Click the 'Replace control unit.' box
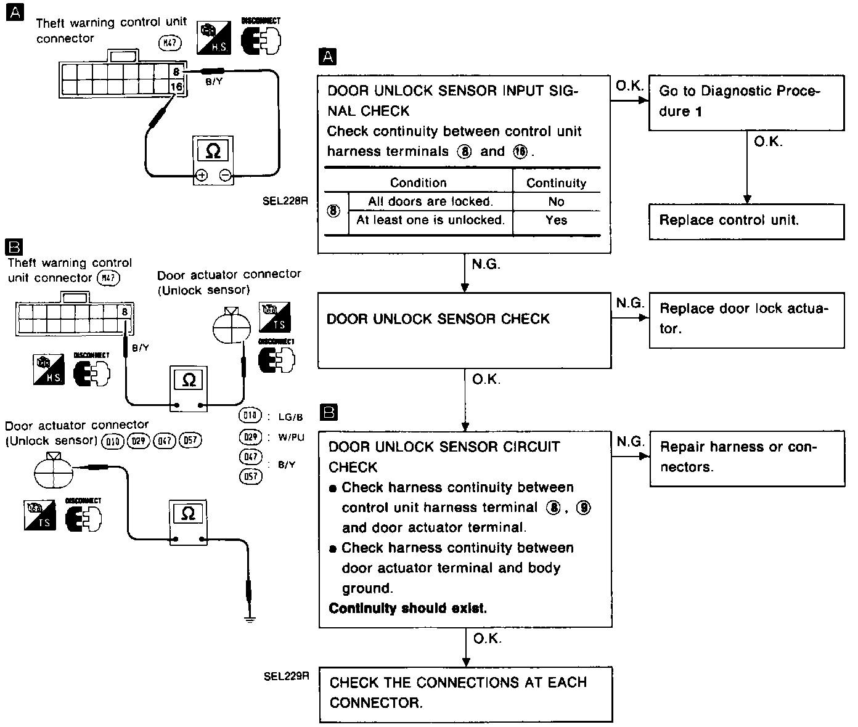coord(746,221)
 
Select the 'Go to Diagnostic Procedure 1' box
coord(746,102)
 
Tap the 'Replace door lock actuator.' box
coord(746,319)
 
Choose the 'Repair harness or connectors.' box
coord(747,457)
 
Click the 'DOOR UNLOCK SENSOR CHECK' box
coord(464,330)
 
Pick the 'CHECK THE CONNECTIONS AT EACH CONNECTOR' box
coord(467,693)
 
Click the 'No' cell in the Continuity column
coord(556,201)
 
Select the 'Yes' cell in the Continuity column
coord(556,220)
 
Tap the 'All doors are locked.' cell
coord(430,201)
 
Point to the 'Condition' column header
coord(418,182)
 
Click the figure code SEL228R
coord(285,200)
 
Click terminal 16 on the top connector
coord(176,87)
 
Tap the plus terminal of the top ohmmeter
coord(201,176)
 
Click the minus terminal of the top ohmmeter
coord(225,176)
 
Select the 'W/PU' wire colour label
coord(291,437)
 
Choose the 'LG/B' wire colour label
coord(291,417)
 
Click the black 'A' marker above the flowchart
coord(328,57)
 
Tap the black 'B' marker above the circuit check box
coord(329,412)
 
